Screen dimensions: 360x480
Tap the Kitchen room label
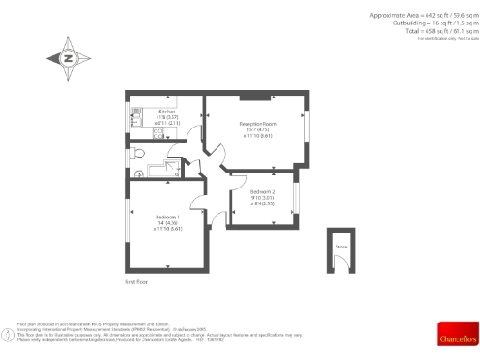[x=168, y=111]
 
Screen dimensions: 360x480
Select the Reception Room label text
[x=257, y=124]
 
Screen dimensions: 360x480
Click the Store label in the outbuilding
[x=339, y=247]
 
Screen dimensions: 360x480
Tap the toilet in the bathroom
[x=139, y=152]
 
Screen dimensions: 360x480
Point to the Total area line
[x=431, y=30]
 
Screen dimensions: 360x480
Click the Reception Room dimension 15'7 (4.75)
[x=257, y=130]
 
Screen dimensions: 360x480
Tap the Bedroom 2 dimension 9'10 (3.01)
[x=262, y=197]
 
